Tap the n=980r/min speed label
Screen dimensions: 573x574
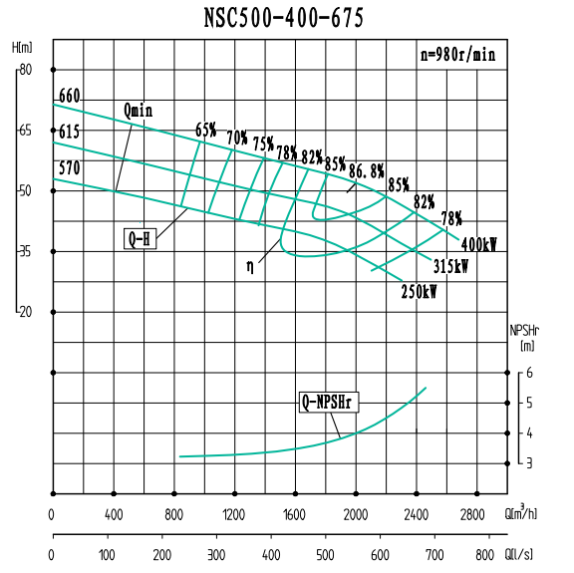pyautogui.click(x=457, y=56)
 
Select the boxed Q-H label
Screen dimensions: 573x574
pyautogui.click(x=139, y=239)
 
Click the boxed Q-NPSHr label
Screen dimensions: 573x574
pyautogui.click(x=330, y=403)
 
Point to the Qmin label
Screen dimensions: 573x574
pyautogui.click(x=139, y=110)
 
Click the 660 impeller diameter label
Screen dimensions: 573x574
pyautogui.click(x=69, y=96)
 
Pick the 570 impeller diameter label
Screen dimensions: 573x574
pyautogui.click(x=69, y=167)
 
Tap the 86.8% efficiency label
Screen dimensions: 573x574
pyautogui.click(x=366, y=170)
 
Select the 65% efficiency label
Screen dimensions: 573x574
pyautogui.click(x=205, y=130)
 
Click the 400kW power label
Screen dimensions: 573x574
pyautogui.click(x=478, y=244)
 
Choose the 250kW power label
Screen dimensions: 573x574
pyautogui.click(x=419, y=292)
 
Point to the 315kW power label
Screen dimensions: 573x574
pyautogui.click(x=449, y=267)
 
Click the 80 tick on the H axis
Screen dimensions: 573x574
pyautogui.click(x=25, y=70)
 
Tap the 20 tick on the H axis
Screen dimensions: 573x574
pyautogui.click(x=25, y=312)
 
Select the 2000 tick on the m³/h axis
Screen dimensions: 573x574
pyautogui.click(x=356, y=515)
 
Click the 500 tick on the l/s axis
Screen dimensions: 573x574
pyautogui.click(x=326, y=553)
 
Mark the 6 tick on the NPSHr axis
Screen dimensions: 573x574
pyautogui.click(x=529, y=373)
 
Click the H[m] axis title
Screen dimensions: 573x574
pyautogui.click(x=22, y=48)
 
